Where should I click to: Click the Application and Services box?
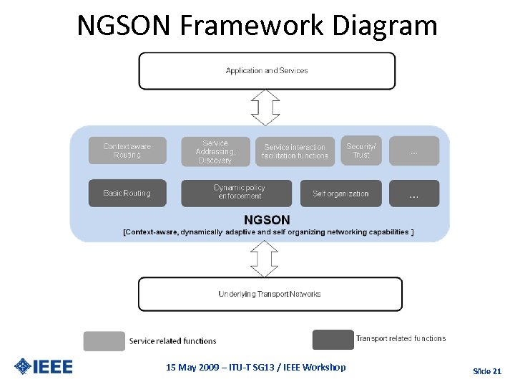click(x=266, y=71)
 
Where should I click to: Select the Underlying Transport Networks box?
click(x=270, y=295)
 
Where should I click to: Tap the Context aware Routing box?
click(x=127, y=150)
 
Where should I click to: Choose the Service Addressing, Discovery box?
click(x=215, y=152)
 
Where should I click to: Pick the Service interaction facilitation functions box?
click(x=295, y=152)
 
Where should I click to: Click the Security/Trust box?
click(x=361, y=150)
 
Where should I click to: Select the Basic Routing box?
click(x=127, y=193)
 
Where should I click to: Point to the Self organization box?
click(x=340, y=193)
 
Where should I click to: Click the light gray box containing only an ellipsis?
click(x=414, y=151)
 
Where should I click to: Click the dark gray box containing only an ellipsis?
click(x=414, y=193)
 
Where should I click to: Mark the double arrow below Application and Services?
click(x=265, y=108)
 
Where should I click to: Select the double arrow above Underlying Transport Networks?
click(x=265, y=259)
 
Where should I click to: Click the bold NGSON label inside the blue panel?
click(x=267, y=220)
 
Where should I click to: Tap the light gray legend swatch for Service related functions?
click(x=104, y=341)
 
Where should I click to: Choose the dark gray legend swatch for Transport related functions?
click(x=333, y=339)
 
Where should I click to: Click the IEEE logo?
click(x=44, y=367)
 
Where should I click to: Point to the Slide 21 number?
click(x=487, y=371)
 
